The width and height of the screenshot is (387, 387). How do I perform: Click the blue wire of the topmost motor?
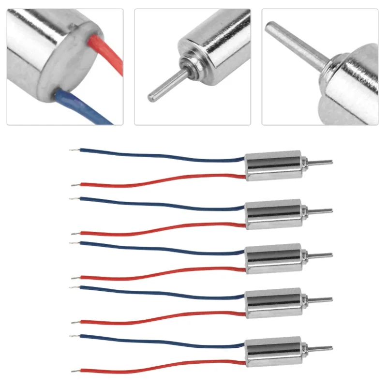(x=160, y=155)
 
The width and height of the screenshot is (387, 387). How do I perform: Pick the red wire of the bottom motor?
(x=160, y=367)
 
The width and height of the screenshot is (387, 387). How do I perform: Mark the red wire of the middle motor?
(x=160, y=274)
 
